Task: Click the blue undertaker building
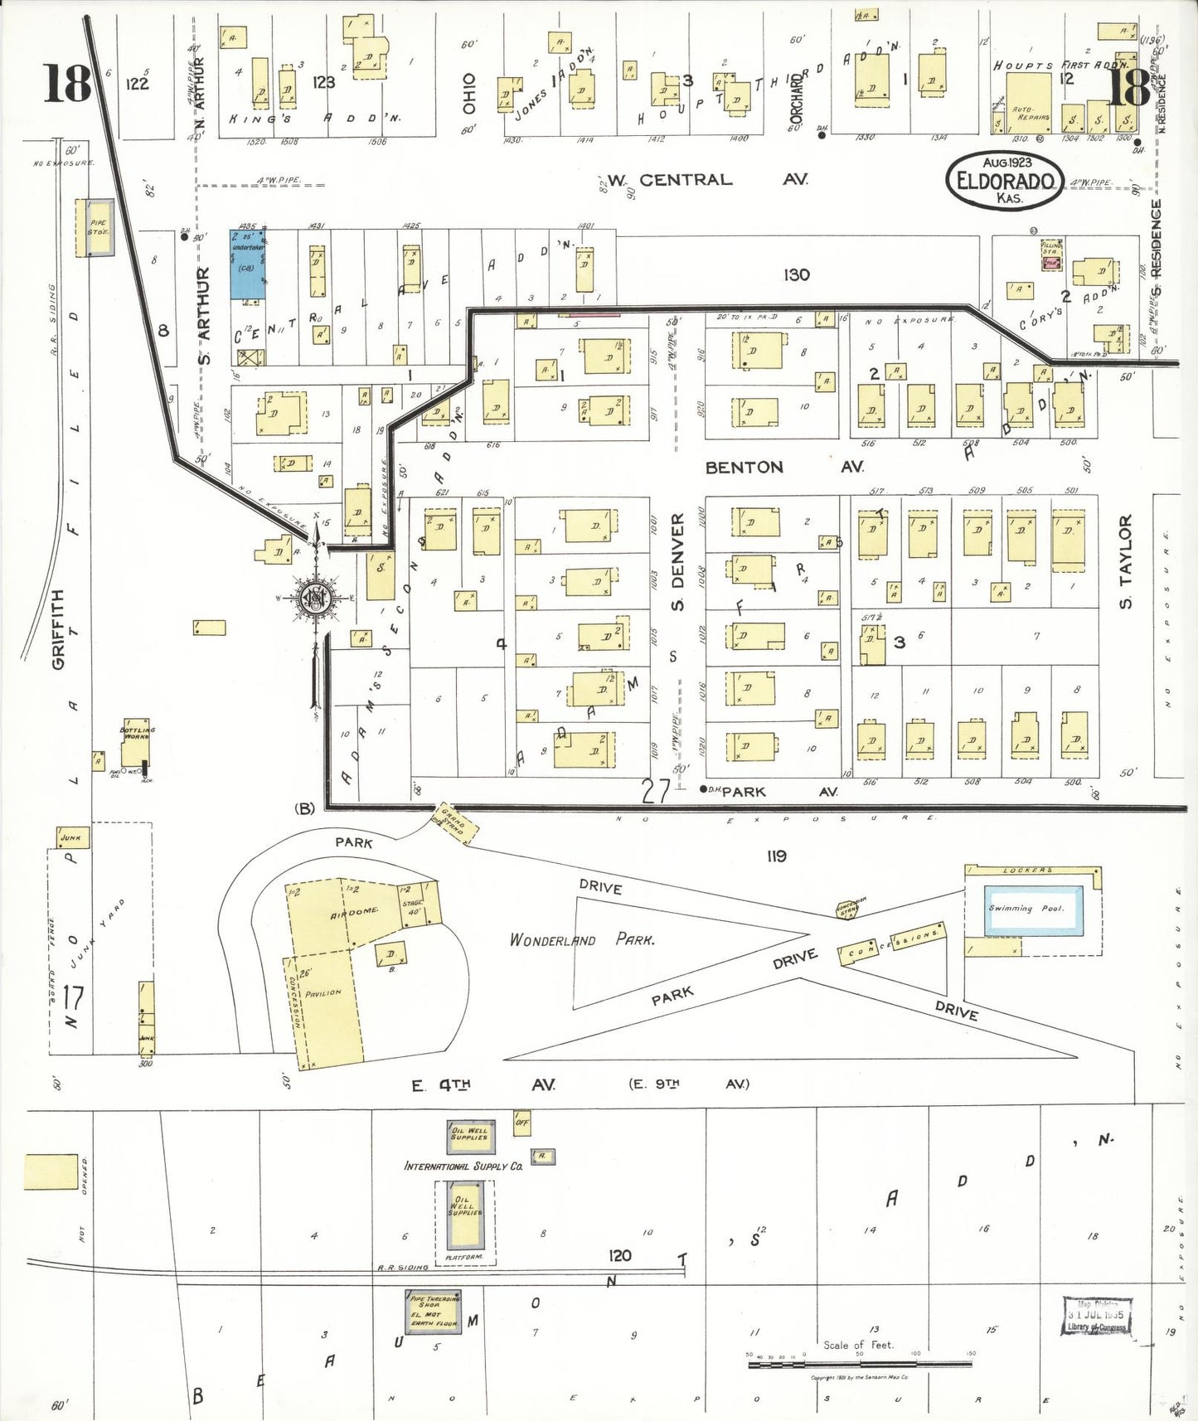pos(247,264)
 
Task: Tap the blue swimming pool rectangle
pos(1032,909)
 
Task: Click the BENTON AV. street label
pos(783,468)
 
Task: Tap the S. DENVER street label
pos(677,561)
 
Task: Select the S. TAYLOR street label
pos(1125,561)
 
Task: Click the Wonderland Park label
pos(582,939)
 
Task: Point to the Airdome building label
pos(354,913)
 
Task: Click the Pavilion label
pos(323,992)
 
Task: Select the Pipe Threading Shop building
pos(433,1312)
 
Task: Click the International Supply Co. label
pos(463,1166)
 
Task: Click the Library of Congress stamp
pos(1096,1317)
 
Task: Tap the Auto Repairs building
pos(1029,104)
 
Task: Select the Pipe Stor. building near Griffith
pos(99,227)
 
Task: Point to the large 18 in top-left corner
pos(66,84)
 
